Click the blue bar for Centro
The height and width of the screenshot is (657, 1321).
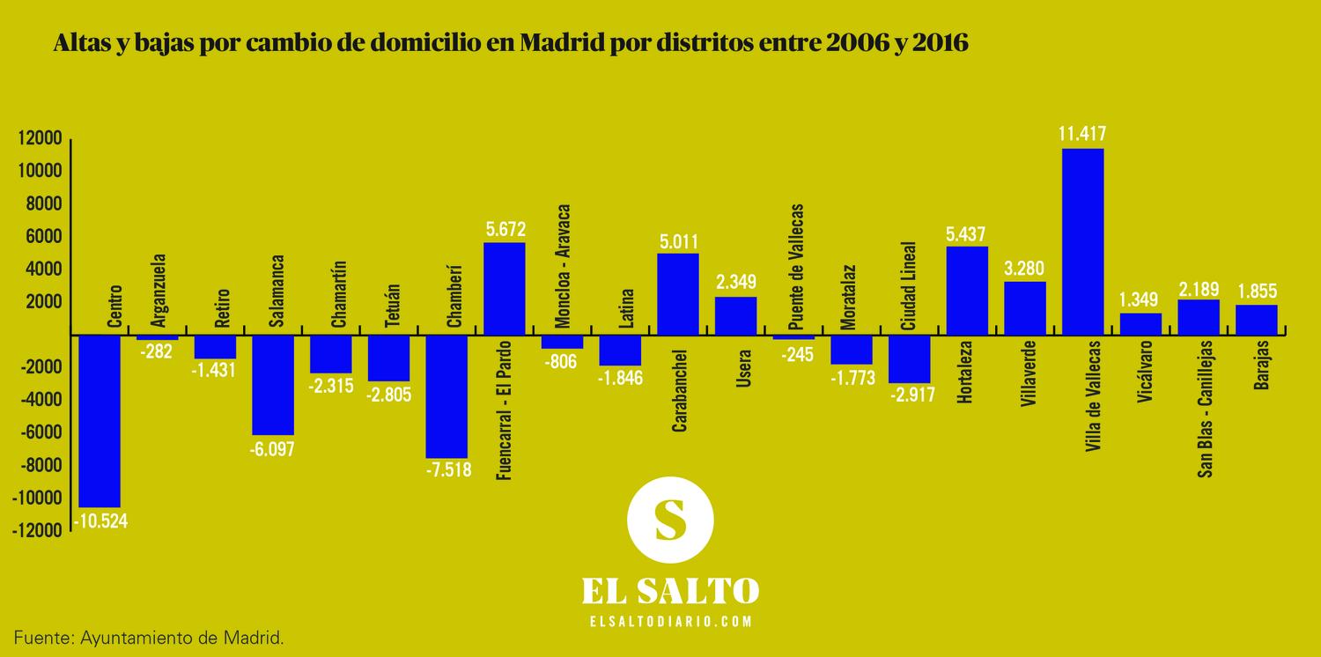tap(100, 421)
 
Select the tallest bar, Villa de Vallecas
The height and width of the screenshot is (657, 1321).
tap(1082, 241)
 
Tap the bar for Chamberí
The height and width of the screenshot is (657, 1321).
tap(446, 396)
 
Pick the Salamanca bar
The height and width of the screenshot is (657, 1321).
tap(273, 385)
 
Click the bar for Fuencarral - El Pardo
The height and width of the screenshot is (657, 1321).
tap(505, 289)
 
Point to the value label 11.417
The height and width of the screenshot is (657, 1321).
tap(1082, 135)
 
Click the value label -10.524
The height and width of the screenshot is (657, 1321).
tap(100, 520)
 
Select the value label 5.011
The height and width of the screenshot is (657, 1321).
tap(678, 240)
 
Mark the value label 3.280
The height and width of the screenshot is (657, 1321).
tap(1024, 268)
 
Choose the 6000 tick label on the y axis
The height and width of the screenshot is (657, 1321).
tap(42, 237)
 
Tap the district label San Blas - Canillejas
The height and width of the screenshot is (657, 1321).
tap(1203, 409)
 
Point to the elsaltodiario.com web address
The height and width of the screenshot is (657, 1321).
tap(670, 621)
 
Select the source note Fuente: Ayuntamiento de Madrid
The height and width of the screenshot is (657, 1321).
tap(148, 636)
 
